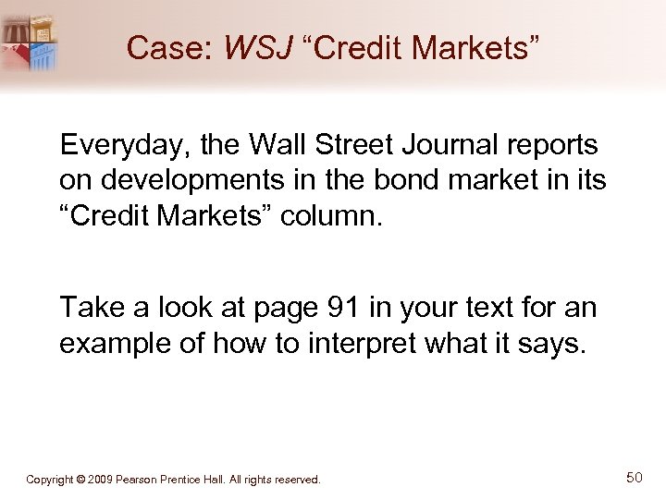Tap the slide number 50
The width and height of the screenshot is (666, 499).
point(634,477)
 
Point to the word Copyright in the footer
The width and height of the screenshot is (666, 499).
point(50,480)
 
